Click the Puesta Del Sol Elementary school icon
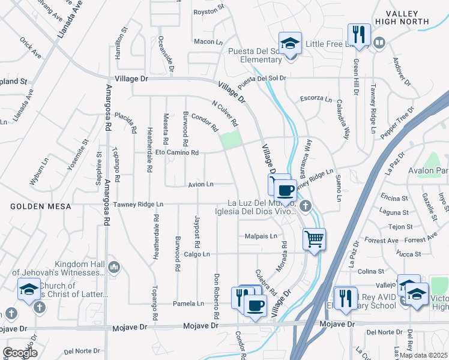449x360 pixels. pyautogui.click(x=291, y=44)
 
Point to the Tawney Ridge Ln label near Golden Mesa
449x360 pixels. pyautogui.click(x=138, y=205)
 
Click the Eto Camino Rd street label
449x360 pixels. pyautogui.click(x=177, y=153)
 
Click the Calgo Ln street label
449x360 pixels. pyautogui.click(x=197, y=254)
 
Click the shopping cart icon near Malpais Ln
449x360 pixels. pyautogui.click(x=314, y=239)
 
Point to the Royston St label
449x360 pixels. pyautogui.click(x=208, y=11)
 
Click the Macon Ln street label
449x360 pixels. pyautogui.click(x=209, y=41)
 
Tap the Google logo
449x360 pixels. pyautogui.click(x=20, y=353)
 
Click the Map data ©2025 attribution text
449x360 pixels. pyautogui.click(x=423, y=355)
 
